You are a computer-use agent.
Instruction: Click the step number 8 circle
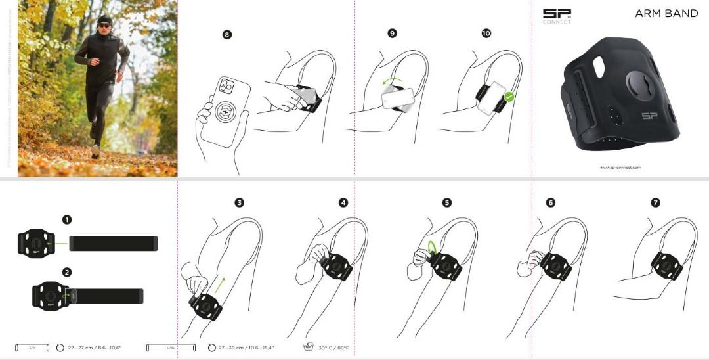(x=227, y=35)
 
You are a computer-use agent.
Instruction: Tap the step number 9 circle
(x=393, y=33)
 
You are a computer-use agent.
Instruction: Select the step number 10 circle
(x=486, y=33)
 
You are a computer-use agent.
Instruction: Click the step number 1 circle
(x=67, y=220)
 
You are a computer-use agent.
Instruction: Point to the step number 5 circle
(x=447, y=203)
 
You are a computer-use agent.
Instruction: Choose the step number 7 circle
(x=655, y=203)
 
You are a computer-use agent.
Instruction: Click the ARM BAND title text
(x=666, y=13)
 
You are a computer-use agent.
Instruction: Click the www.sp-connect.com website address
(x=620, y=168)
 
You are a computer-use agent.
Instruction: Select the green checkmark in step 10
(x=509, y=97)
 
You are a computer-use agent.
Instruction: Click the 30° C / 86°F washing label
(x=333, y=348)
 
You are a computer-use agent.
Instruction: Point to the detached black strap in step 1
(x=114, y=243)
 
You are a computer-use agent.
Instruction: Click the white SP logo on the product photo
(x=649, y=116)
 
